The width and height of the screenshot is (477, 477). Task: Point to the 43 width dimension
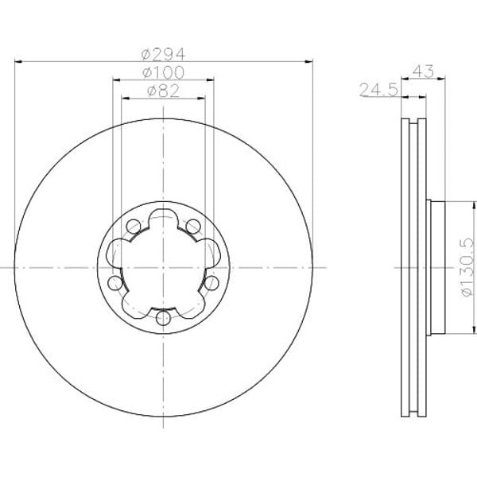point(423,72)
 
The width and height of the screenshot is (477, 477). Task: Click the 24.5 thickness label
point(378,91)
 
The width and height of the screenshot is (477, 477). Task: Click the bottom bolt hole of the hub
point(163,319)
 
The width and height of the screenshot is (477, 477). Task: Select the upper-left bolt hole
point(133,227)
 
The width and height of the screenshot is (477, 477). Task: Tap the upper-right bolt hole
point(193,227)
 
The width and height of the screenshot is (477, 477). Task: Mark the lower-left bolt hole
point(115,283)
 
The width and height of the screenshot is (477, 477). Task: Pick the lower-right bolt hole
point(211,283)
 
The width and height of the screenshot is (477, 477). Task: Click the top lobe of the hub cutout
point(163,216)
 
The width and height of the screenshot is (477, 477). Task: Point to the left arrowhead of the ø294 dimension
point(18,62)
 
